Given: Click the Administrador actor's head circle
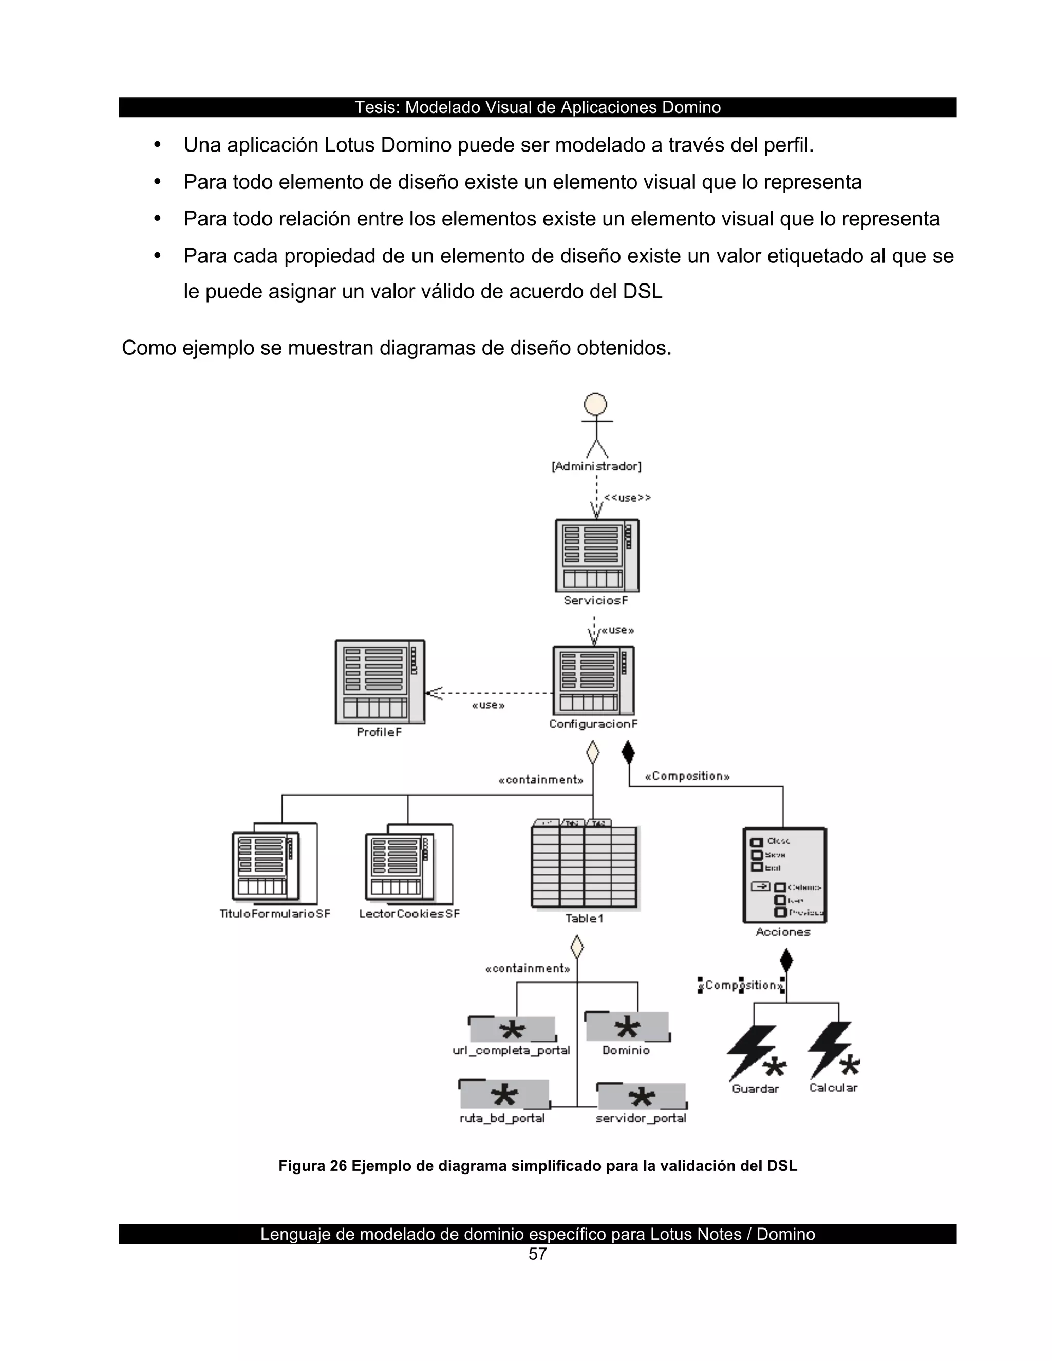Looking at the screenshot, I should click(x=595, y=404).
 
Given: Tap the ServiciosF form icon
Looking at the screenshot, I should click(x=597, y=555).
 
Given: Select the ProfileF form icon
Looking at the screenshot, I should click(x=380, y=681).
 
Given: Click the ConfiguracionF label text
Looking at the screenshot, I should click(x=593, y=724).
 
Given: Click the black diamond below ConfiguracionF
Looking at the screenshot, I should click(x=628, y=752).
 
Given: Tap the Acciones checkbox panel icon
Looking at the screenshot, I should click(x=785, y=875).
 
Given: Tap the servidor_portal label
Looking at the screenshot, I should click(x=641, y=1118).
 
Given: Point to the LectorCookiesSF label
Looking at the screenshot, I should click(x=409, y=914).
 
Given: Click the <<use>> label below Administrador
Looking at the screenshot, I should click(x=627, y=497).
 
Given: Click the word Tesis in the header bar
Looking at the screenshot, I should click(x=377, y=107).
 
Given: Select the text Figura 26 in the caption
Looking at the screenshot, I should click(x=312, y=1166).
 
